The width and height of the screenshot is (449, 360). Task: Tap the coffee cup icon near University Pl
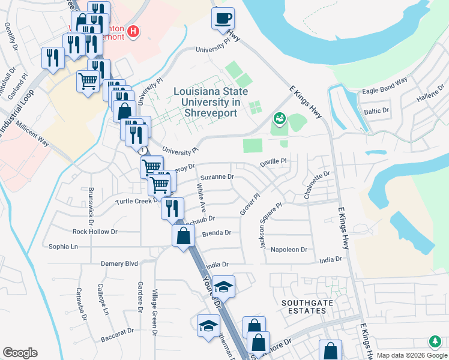click(x=223, y=18)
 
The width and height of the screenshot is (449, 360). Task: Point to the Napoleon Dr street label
click(x=289, y=250)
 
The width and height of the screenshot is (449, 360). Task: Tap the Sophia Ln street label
click(x=63, y=247)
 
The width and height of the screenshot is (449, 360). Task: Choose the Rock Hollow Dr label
click(x=95, y=232)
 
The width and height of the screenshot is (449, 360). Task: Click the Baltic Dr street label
click(x=377, y=111)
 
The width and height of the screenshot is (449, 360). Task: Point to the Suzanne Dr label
click(x=217, y=177)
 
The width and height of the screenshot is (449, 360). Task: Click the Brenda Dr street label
click(x=216, y=233)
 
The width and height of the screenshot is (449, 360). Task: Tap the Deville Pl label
click(x=274, y=162)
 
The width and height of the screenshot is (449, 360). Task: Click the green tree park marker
click(x=434, y=342)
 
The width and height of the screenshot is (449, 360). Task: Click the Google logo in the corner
click(x=20, y=353)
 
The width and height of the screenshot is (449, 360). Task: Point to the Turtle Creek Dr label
click(x=133, y=201)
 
